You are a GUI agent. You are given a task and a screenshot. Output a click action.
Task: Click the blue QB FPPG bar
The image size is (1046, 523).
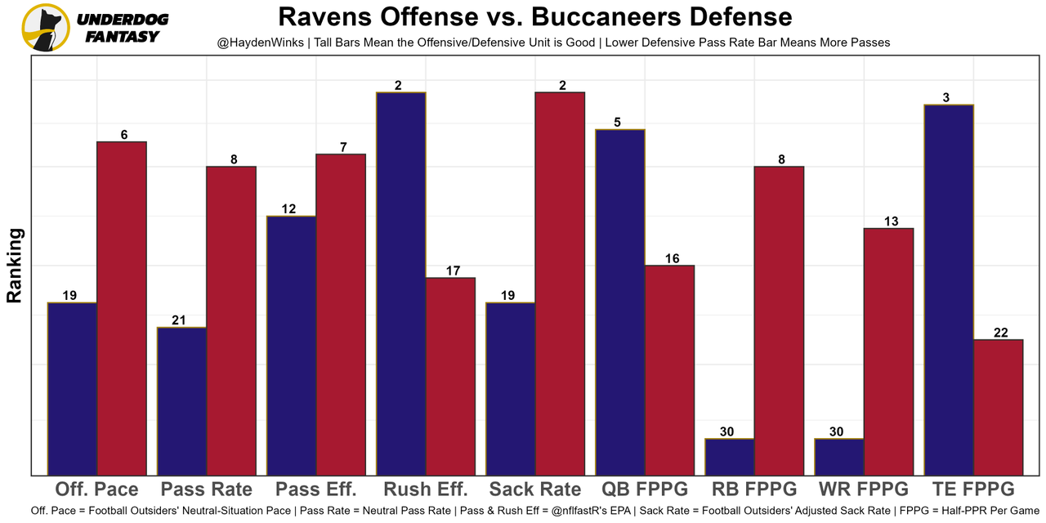[x=619, y=302]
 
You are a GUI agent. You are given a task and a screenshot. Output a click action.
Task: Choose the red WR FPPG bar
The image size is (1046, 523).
[x=888, y=351]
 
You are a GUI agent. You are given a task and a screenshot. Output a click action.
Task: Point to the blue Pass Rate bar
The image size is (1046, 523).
[x=181, y=400]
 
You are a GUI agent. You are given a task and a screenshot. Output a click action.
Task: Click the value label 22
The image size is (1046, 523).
[x=1000, y=333]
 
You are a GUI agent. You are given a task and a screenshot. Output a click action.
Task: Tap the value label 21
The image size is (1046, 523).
[x=179, y=320]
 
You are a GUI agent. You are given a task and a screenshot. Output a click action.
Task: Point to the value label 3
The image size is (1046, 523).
[x=945, y=98]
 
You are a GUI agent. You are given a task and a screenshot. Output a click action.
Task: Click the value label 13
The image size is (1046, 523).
[x=891, y=221]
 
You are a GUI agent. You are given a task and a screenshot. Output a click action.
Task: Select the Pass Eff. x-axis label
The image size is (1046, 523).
[x=316, y=489]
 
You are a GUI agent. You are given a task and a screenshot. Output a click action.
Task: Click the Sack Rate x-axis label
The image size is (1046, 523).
[x=535, y=489]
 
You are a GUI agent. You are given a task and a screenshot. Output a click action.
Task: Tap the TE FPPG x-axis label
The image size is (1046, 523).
[x=973, y=489]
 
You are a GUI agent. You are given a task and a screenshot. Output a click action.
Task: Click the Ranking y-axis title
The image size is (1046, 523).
[x=15, y=266]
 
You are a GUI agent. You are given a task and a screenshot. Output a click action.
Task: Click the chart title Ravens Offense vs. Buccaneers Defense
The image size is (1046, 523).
[x=534, y=17]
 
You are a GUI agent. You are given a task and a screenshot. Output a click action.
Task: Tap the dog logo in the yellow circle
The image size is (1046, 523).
[x=46, y=28]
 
